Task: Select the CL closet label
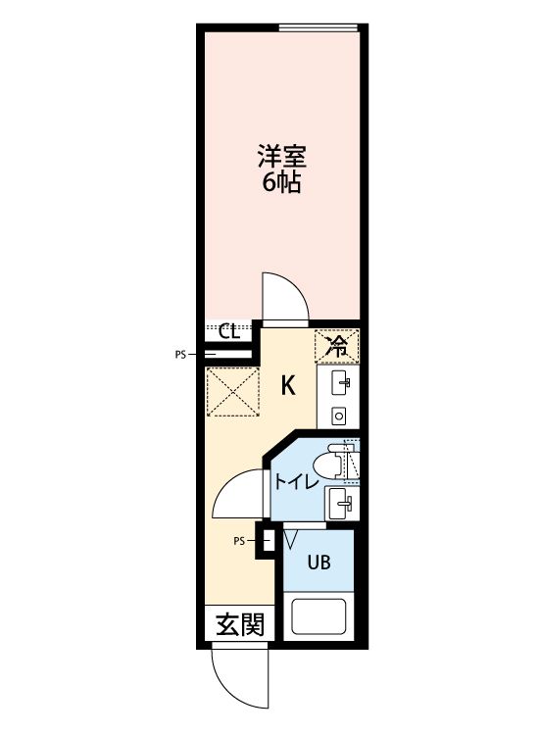coord(229,330)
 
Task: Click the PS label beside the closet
coord(180,355)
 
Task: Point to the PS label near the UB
coord(238,540)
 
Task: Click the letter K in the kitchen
coord(288,385)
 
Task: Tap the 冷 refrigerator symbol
coord(337,345)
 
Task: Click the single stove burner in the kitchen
coord(339,415)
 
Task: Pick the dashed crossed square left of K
coord(230,392)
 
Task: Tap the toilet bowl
coord(337,461)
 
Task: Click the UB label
coord(318,563)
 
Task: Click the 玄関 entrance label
coord(239,624)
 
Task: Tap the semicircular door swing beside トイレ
coord(239,495)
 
